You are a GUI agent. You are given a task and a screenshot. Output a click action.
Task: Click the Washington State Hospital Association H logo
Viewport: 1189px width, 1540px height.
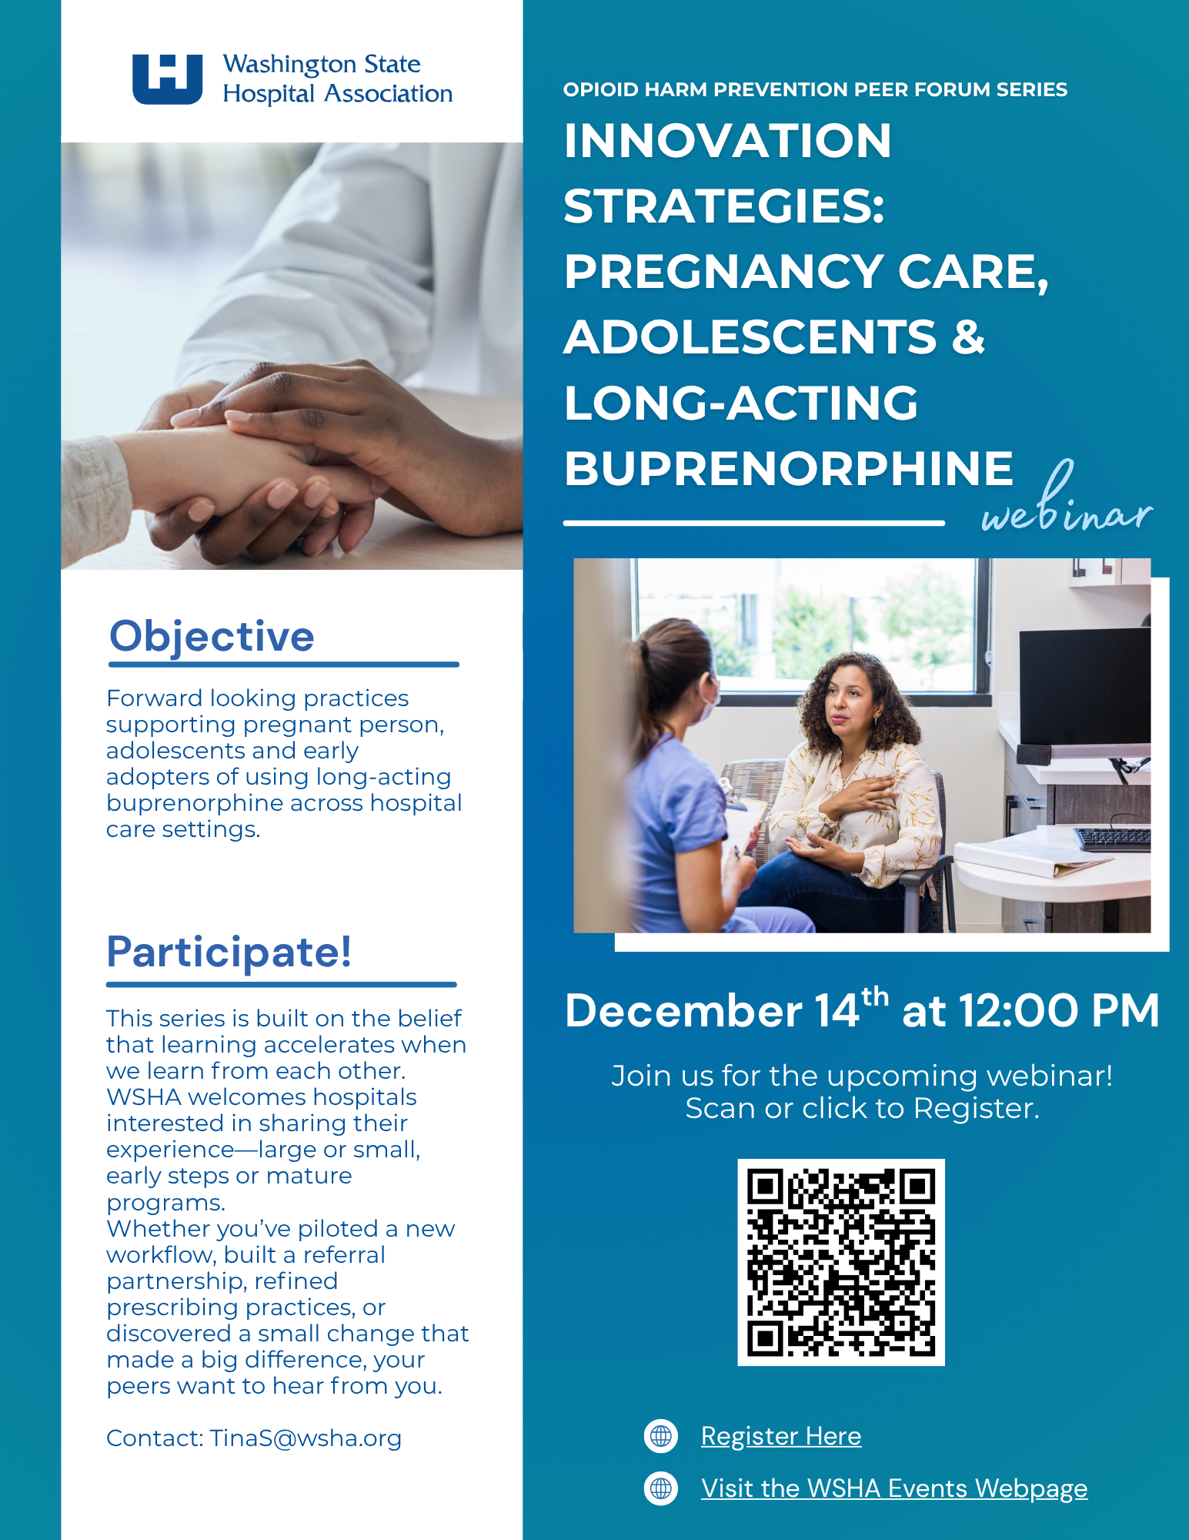coord(167,79)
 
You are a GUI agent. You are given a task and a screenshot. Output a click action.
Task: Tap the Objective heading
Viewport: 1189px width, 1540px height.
coord(212,636)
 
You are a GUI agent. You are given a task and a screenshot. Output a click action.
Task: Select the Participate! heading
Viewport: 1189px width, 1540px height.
coord(229,952)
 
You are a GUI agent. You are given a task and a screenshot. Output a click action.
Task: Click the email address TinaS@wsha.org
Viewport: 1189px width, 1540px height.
coord(306,1438)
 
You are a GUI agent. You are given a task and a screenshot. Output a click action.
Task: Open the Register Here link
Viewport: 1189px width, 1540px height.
coord(781,1436)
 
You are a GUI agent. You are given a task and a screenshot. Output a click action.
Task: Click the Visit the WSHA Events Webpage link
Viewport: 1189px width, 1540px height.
coord(894,1488)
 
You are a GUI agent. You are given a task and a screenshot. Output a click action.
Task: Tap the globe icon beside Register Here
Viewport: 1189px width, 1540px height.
coord(661,1436)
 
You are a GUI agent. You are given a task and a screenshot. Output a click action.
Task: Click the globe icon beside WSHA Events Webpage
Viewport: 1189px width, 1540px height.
coord(661,1488)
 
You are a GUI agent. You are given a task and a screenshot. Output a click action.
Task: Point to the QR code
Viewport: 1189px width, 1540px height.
coord(841,1262)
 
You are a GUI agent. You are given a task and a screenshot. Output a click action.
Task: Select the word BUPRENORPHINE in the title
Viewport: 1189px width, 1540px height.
coord(789,468)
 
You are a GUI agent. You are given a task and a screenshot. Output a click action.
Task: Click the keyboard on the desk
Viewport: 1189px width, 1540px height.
coord(1113,839)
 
